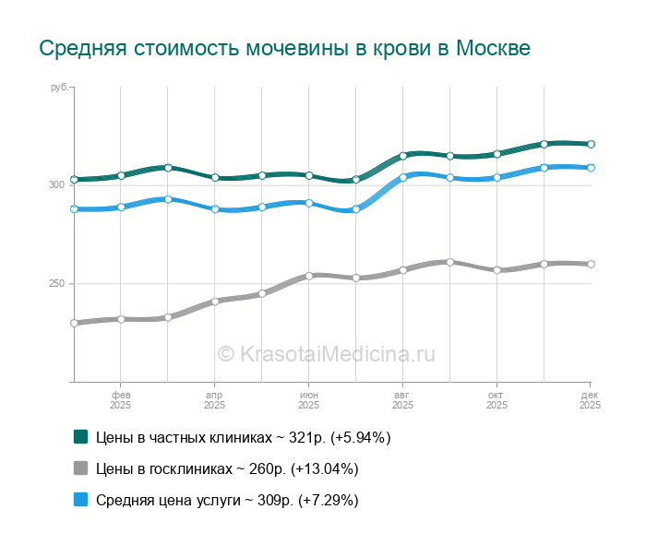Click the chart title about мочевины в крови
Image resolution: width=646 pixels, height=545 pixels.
coord(284,48)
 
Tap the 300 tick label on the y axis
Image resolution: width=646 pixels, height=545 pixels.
coord(57,185)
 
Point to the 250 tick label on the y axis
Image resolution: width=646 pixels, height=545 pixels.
coord(57,284)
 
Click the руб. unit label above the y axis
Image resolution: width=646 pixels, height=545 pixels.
coord(60,87)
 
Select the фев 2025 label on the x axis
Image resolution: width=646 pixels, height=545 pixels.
coord(120,399)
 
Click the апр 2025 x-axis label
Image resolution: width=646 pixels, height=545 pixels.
coord(214,399)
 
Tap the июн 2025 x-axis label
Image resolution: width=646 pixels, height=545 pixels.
coord(308,399)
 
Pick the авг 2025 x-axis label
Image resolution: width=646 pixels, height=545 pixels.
coord(402,399)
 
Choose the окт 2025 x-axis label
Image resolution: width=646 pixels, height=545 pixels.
coord(496,399)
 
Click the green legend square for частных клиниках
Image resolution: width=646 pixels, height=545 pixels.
coord(81,437)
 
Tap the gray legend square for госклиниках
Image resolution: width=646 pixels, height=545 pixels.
coord(81,468)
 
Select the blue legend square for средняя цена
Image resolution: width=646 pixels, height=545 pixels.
coord(81,500)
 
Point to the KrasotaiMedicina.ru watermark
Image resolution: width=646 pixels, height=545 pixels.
coord(326,353)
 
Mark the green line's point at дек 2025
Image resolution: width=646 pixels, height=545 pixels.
coord(591,144)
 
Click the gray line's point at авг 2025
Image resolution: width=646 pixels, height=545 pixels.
coord(402,270)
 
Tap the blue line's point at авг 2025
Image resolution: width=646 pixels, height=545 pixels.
coord(402,177)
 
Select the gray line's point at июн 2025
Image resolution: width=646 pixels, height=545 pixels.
coord(308,276)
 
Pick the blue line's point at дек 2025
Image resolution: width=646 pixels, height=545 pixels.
coord(591,168)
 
